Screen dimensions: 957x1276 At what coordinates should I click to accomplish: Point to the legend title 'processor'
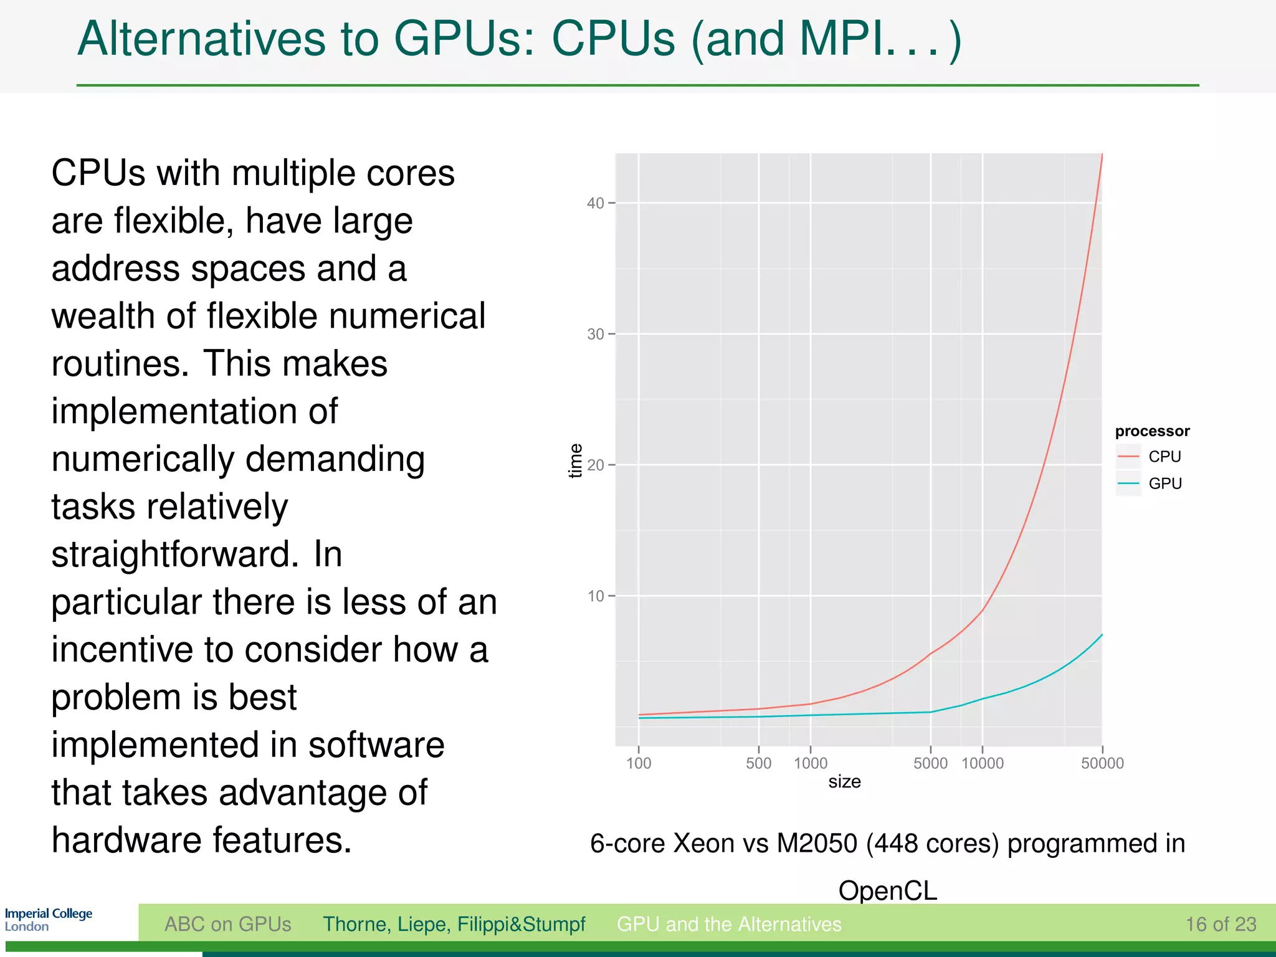(1151, 431)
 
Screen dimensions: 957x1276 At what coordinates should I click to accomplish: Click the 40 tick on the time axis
(596, 203)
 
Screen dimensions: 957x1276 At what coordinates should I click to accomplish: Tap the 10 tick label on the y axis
(596, 596)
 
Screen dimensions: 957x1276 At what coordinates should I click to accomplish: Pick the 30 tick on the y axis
(596, 335)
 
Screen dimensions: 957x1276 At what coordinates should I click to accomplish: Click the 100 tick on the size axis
(639, 763)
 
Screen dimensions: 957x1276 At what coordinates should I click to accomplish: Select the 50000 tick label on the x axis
(1102, 763)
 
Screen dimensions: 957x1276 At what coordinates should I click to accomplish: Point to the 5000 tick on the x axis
(930, 763)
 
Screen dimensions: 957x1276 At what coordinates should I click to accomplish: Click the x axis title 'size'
(844, 782)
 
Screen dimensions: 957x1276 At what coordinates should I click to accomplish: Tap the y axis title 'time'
(576, 460)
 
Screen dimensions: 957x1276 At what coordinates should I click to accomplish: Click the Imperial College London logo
(48, 920)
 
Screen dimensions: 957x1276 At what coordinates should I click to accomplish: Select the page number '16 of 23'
(1221, 924)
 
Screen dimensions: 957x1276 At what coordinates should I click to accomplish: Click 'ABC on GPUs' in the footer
(227, 924)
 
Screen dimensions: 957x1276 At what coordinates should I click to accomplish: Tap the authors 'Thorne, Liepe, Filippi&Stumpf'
(454, 924)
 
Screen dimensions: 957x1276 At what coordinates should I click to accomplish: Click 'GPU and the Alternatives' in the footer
(729, 924)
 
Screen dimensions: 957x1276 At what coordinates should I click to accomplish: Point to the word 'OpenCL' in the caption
(887, 890)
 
